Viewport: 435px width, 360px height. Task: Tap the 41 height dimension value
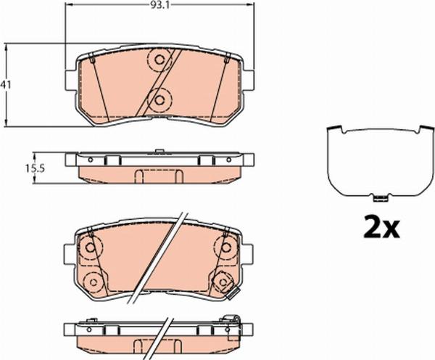pos(7,85)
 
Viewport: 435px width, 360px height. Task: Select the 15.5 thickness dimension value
pos(36,168)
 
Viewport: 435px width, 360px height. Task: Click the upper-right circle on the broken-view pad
pos(224,247)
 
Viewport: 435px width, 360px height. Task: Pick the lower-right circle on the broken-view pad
pos(223,281)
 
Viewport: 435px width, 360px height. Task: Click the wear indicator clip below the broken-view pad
pos(233,295)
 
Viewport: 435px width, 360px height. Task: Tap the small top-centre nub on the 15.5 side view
pos(157,152)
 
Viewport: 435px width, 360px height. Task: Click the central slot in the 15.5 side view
pos(158,175)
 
